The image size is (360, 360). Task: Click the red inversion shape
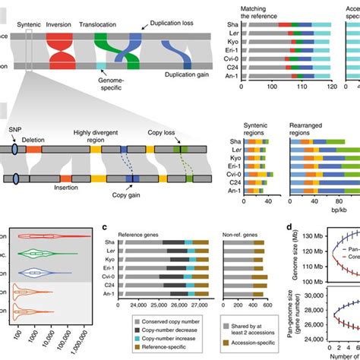pyautogui.click(x=58, y=49)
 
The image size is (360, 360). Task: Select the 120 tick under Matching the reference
pyautogui.click(x=330, y=87)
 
